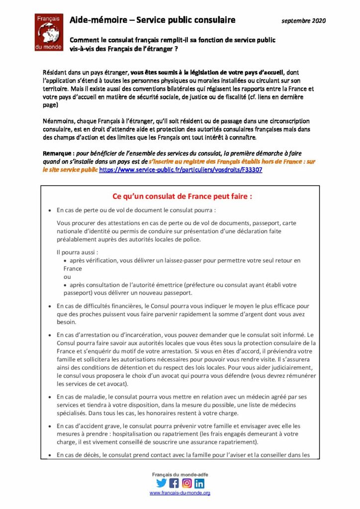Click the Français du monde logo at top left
pyautogui.click(x=48, y=32)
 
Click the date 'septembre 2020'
pyautogui.click(x=304, y=21)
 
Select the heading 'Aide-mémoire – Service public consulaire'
pyautogui.click(x=152, y=20)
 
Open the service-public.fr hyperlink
pyautogui.click(x=181, y=170)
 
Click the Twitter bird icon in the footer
pyautogui.click(x=161, y=482)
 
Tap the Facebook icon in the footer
pyautogui.click(x=174, y=482)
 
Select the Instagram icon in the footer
pyautogui.click(x=186, y=482)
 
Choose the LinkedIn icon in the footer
pyautogui.click(x=199, y=482)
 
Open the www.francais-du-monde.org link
pyautogui.click(x=180, y=493)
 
